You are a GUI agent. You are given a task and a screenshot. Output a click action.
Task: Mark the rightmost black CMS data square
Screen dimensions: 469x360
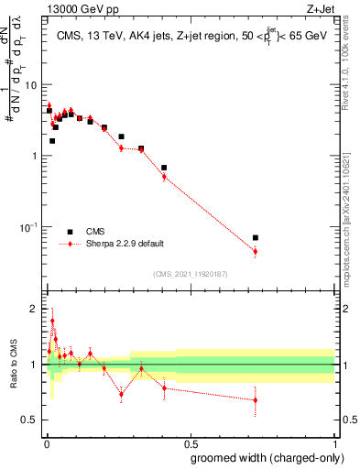[256, 237]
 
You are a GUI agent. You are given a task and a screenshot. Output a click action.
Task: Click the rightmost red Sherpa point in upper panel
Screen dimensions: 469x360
[256, 251]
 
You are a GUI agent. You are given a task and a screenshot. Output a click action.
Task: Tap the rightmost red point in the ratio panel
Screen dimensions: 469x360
[256, 399]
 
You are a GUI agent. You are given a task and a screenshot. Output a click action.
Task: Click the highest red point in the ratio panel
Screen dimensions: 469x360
[52, 321]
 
